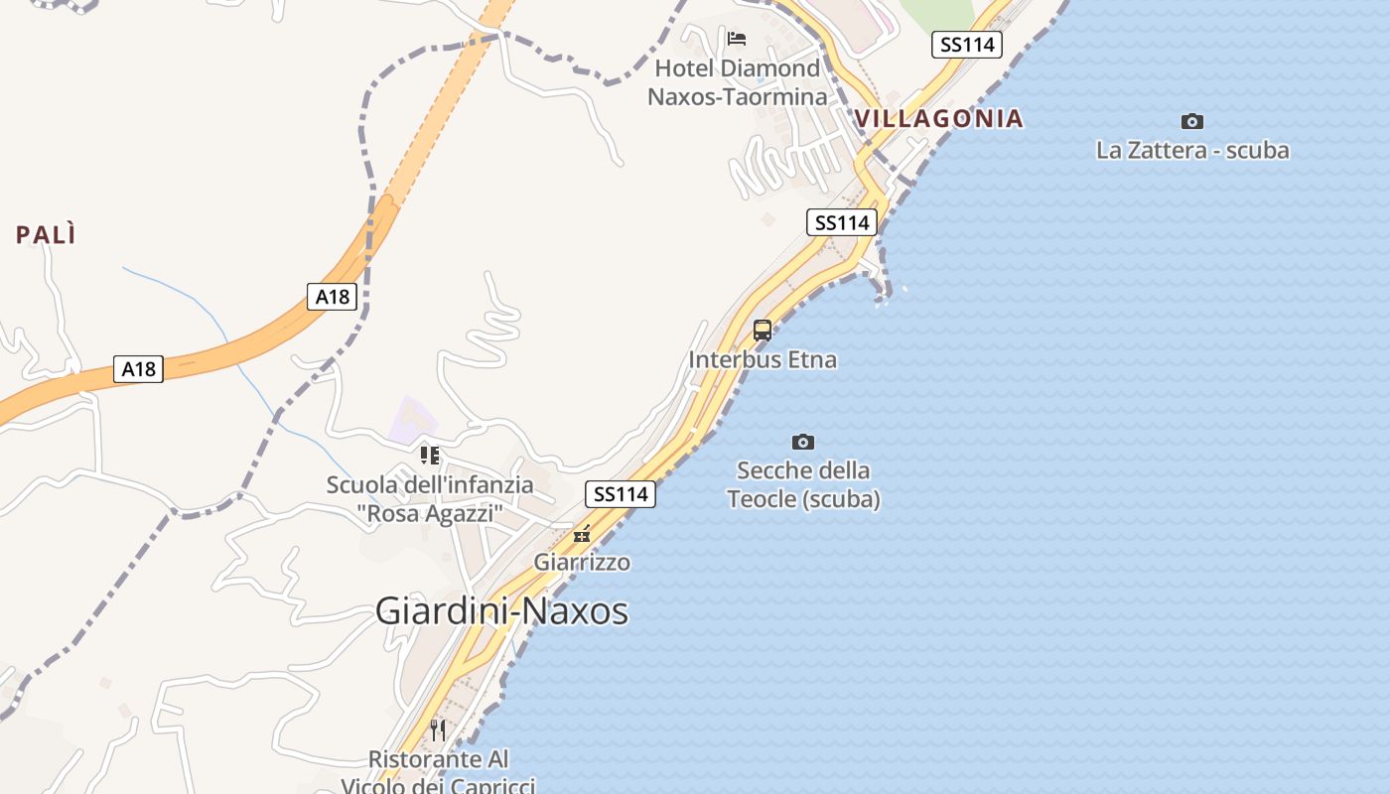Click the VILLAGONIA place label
pos(938,119)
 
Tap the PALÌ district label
pos(46,235)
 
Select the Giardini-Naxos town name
pos(501,611)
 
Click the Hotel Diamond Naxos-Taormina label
pos(737,82)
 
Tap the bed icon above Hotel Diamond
pos(737,39)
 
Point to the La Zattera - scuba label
pos(1192,151)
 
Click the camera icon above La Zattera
pos(1192,122)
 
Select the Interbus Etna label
pos(763,360)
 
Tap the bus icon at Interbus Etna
pos(763,331)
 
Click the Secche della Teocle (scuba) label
pos(803,484)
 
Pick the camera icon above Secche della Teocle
pos(803,442)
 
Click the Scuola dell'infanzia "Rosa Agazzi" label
pos(430,499)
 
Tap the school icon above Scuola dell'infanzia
pos(430,456)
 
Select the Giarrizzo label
pos(582,563)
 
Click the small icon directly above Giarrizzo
pos(582,535)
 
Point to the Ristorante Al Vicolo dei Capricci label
pos(438,772)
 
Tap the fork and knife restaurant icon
pos(438,730)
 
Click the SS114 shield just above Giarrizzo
pos(621,494)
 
